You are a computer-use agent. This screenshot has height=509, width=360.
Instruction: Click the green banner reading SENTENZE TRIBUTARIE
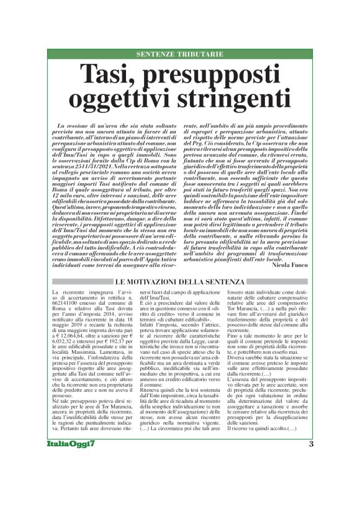click(x=180, y=55)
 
